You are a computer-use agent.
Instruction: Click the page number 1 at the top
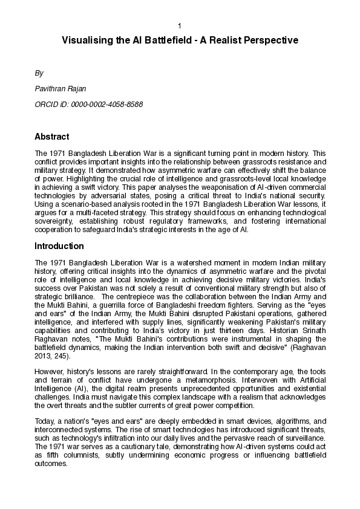click(180, 25)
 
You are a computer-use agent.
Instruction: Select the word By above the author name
click(39, 73)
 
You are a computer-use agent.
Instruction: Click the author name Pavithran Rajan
click(61, 89)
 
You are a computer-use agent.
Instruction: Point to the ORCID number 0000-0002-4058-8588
click(107, 105)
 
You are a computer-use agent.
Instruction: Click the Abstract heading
click(51, 137)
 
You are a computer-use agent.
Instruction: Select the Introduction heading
click(59, 246)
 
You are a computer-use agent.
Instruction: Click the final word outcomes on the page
click(51, 464)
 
